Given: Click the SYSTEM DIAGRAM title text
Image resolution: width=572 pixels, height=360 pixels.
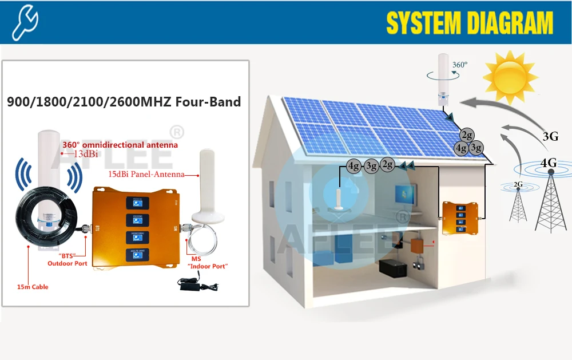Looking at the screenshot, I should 470,23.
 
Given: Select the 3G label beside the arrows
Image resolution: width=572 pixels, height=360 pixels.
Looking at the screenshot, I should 550,136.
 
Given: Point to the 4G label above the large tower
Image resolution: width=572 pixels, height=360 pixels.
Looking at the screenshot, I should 549,163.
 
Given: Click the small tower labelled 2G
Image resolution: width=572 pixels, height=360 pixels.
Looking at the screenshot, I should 518,203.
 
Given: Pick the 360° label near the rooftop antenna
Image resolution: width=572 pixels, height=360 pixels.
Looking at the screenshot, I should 459,65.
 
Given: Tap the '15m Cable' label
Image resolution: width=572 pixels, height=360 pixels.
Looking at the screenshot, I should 33,287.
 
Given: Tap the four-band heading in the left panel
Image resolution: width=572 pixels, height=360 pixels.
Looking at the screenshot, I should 124,102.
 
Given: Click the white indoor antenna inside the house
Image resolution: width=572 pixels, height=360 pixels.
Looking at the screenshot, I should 339,197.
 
